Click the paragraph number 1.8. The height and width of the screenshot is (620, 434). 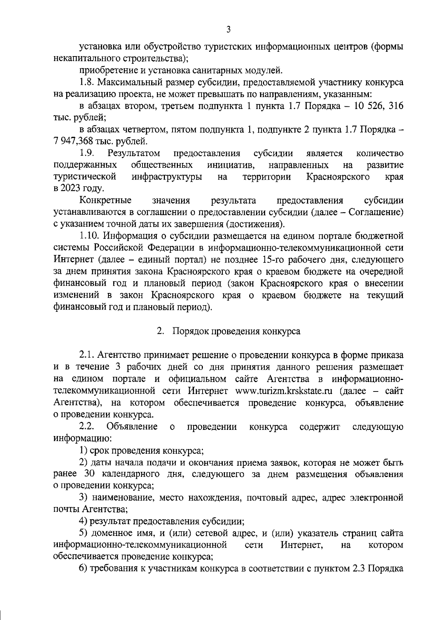tap(87, 83)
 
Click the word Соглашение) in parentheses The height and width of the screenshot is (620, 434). tap(376, 212)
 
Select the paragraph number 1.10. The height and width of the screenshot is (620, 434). tap(90, 236)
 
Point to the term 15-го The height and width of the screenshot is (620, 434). tap(271, 260)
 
